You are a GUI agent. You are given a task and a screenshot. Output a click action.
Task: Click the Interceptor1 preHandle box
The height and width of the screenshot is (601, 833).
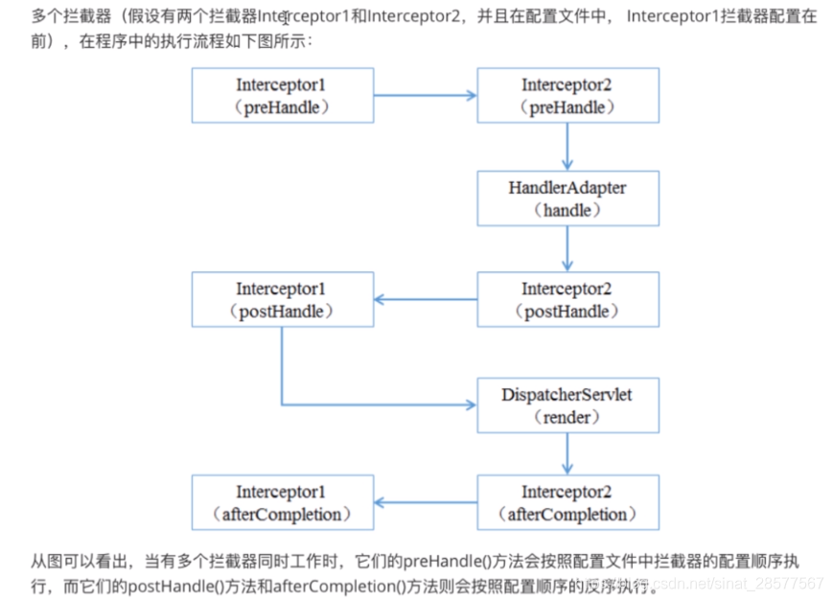282,95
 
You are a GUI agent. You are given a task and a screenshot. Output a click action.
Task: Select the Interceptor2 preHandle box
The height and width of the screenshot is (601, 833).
567,95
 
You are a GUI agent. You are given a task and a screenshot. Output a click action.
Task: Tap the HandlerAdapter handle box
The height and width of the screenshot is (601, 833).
567,197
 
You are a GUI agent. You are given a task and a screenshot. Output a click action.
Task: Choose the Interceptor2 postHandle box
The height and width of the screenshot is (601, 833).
567,299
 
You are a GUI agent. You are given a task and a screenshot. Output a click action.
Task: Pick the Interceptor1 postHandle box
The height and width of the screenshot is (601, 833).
282,299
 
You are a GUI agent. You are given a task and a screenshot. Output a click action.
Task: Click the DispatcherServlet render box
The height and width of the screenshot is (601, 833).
567,405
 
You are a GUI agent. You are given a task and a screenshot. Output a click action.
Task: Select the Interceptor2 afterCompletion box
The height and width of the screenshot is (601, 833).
567,502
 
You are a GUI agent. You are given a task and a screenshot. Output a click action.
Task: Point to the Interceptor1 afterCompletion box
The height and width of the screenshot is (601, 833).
282,502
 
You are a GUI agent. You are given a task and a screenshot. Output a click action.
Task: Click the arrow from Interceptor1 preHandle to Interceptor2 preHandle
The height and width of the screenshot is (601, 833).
425,95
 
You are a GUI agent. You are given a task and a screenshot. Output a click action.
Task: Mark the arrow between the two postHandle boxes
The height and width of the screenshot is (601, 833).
425,299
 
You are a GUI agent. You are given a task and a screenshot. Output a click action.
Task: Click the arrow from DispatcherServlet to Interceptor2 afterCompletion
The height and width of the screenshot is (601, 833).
567,453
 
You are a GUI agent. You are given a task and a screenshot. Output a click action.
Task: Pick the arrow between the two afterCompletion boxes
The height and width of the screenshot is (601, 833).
425,502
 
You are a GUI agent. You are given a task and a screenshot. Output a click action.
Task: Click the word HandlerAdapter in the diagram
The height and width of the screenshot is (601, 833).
567,188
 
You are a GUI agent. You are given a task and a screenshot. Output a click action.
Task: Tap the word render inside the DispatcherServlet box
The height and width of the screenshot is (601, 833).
567,417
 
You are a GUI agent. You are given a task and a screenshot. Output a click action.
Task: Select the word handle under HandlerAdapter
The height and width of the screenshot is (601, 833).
567,210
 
